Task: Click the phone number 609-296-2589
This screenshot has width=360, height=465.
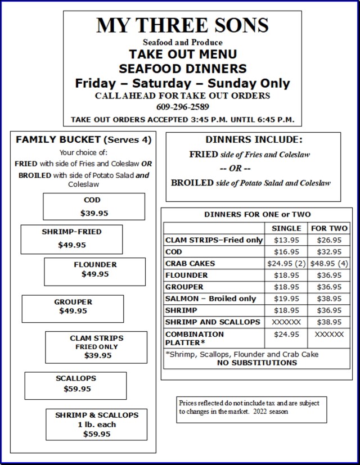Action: [182, 107]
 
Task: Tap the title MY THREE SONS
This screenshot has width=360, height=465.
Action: [182, 25]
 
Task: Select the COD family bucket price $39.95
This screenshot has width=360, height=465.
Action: [94, 213]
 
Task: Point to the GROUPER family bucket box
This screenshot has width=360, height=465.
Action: [73, 308]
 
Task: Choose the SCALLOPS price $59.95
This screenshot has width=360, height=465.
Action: [76, 389]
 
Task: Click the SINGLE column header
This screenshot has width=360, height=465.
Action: [286, 228]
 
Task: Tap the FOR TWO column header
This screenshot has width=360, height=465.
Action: [329, 228]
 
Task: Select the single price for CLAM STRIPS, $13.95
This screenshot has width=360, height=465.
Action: [286, 240]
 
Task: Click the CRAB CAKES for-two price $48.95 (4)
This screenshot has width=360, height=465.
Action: [329, 264]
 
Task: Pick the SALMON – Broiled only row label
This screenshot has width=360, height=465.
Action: [210, 299]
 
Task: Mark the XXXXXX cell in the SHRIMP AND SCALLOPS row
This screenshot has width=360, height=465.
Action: [286, 322]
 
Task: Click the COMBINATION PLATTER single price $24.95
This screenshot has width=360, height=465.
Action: [286, 334]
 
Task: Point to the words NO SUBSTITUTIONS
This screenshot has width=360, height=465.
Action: [256, 363]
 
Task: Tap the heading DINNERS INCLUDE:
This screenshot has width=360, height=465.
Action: [254, 139]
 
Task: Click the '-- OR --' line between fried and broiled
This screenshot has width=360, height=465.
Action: [235, 168]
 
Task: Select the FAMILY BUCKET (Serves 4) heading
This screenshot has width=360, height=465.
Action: [83, 139]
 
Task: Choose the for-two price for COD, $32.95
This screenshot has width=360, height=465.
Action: [329, 252]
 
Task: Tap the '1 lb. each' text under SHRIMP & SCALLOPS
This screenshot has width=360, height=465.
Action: [96, 425]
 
